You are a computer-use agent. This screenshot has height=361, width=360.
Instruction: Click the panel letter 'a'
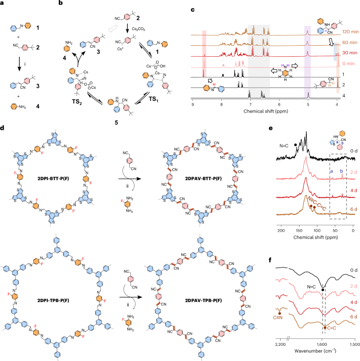point(3,4)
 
